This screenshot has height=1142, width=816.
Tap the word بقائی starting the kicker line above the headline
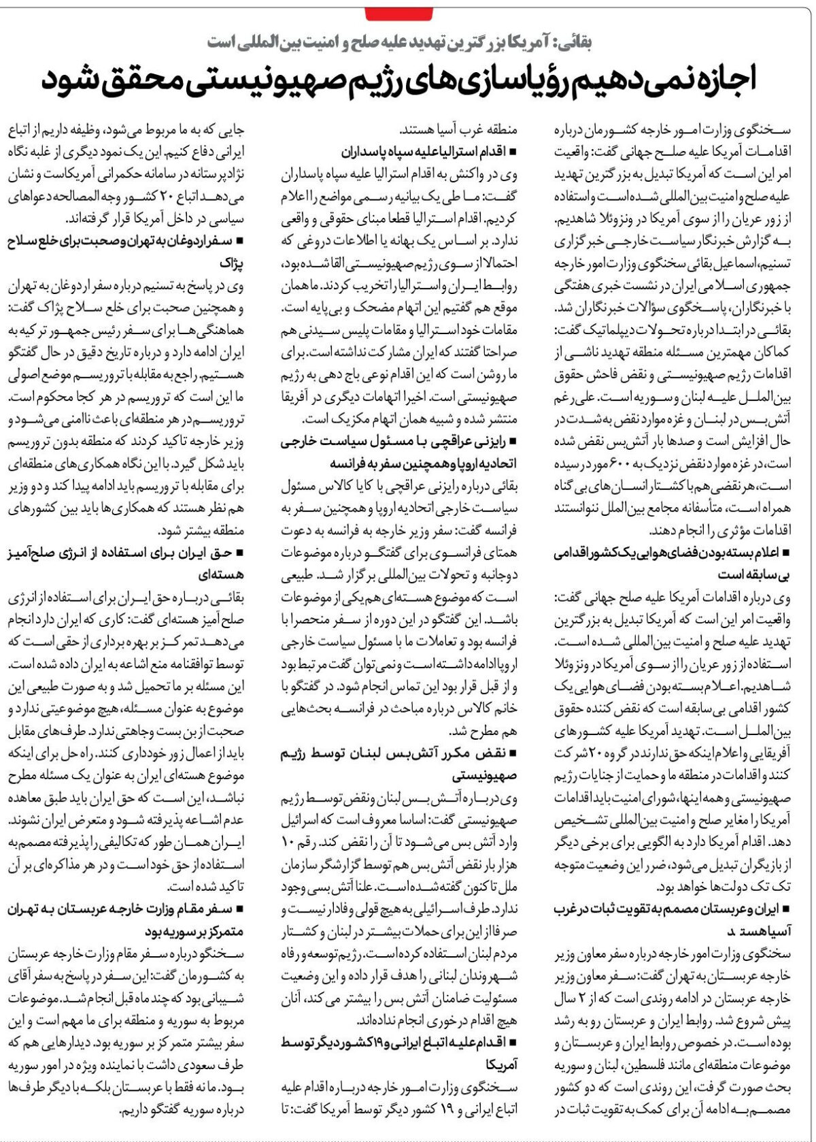pos(575,42)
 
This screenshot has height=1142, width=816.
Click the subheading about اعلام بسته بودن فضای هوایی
pos(672,553)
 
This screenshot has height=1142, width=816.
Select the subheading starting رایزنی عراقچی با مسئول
pos(398,442)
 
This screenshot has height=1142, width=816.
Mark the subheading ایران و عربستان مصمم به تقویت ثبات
pos(672,909)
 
